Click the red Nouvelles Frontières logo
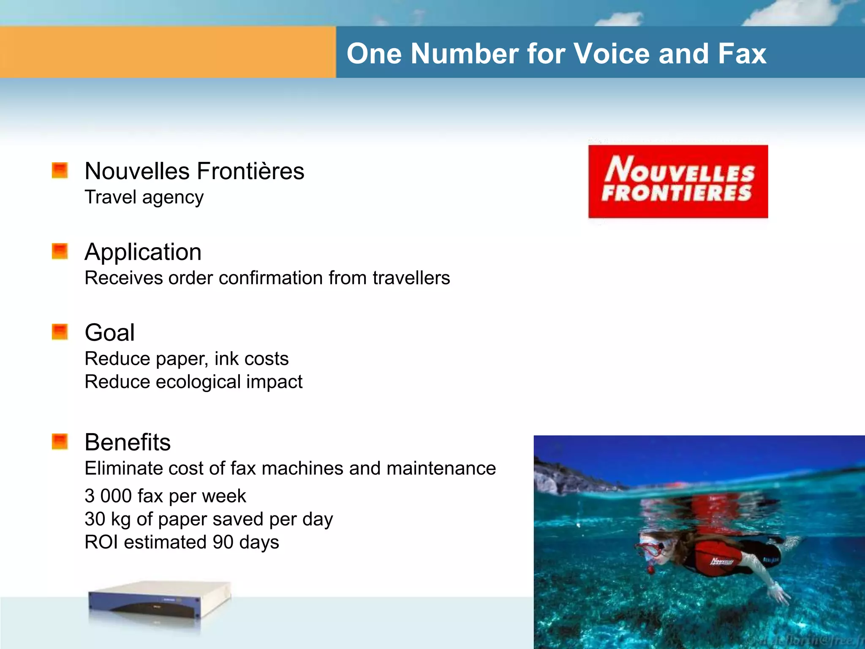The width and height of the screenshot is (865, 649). (x=678, y=181)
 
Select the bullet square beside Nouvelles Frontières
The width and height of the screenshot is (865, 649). (x=60, y=170)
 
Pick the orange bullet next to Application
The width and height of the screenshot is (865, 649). (x=60, y=251)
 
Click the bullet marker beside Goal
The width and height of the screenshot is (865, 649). (x=60, y=332)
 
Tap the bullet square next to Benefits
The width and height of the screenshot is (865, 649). (x=60, y=442)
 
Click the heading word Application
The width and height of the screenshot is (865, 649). (x=143, y=252)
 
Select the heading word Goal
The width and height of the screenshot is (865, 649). (x=109, y=333)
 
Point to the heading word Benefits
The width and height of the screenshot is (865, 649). (x=128, y=442)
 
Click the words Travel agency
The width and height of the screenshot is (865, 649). (x=144, y=197)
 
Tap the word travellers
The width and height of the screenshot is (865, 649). (x=411, y=278)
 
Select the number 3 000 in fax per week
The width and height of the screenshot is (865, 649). (x=108, y=496)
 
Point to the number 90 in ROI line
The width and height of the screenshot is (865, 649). (x=223, y=542)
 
